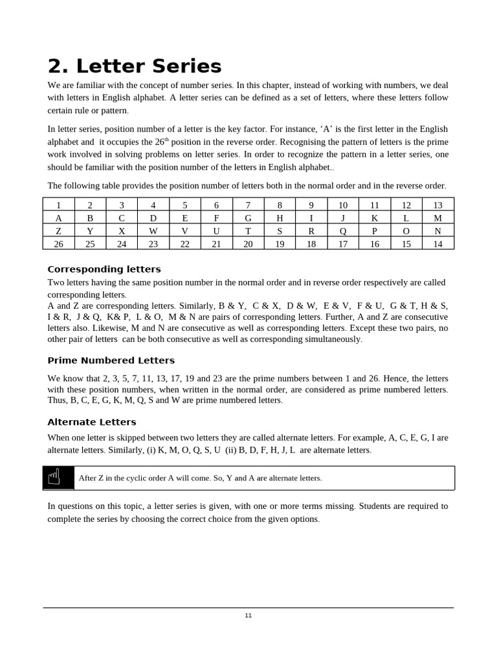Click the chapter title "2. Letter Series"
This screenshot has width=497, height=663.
(135, 66)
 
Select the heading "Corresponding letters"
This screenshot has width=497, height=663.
(104, 269)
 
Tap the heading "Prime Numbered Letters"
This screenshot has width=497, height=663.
(111, 361)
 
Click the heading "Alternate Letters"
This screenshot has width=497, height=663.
(92, 422)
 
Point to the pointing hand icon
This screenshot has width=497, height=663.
(54, 477)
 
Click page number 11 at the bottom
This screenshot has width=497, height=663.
(248, 615)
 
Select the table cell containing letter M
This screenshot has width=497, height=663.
(438, 218)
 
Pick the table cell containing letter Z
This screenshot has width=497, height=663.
(59, 230)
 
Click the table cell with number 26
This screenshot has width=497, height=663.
(59, 243)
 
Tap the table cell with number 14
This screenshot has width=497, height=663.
(438, 243)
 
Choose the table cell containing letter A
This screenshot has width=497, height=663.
(59, 218)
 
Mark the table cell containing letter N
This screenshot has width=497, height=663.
(438, 230)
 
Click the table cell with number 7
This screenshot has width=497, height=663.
(248, 205)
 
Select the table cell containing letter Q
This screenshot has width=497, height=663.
(343, 230)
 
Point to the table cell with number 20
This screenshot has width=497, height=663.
(248, 243)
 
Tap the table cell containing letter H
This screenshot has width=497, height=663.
(280, 218)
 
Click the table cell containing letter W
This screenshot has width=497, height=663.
(153, 230)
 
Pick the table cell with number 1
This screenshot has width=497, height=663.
(59, 205)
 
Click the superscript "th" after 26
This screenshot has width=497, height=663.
(166, 139)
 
